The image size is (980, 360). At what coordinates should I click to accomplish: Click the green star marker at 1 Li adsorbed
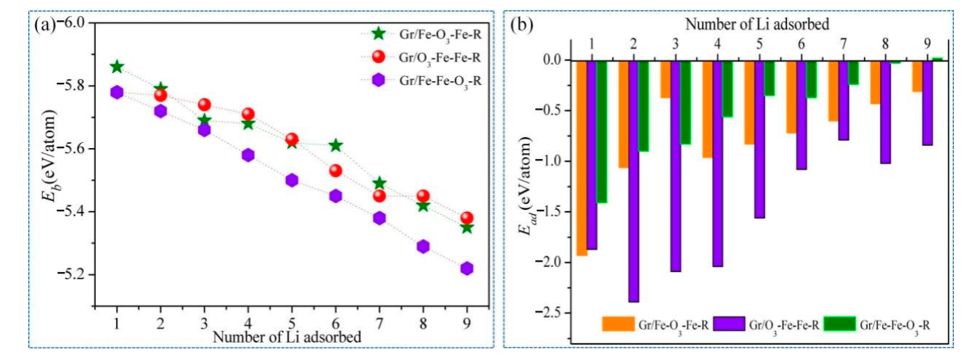pyautogui.click(x=117, y=67)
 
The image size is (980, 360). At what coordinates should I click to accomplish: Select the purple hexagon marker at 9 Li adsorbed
pyautogui.click(x=467, y=269)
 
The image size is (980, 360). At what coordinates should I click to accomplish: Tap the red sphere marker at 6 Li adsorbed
pyautogui.click(x=335, y=171)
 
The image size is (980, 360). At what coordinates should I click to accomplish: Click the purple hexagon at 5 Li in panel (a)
pyautogui.click(x=292, y=180)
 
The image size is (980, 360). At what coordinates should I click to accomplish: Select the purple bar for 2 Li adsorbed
pyautogui.click(x=634, y=181)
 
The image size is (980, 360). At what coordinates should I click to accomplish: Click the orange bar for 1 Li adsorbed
pyautogui.click(x=581, y=157)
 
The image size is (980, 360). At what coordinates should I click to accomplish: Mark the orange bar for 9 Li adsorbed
pyautogui.click(x=917, y=75)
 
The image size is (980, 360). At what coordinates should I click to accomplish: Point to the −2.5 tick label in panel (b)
pyautogui.click(x=552, y=313)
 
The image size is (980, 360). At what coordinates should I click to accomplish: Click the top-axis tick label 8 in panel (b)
pyautogui.click(x=885, y=44)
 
